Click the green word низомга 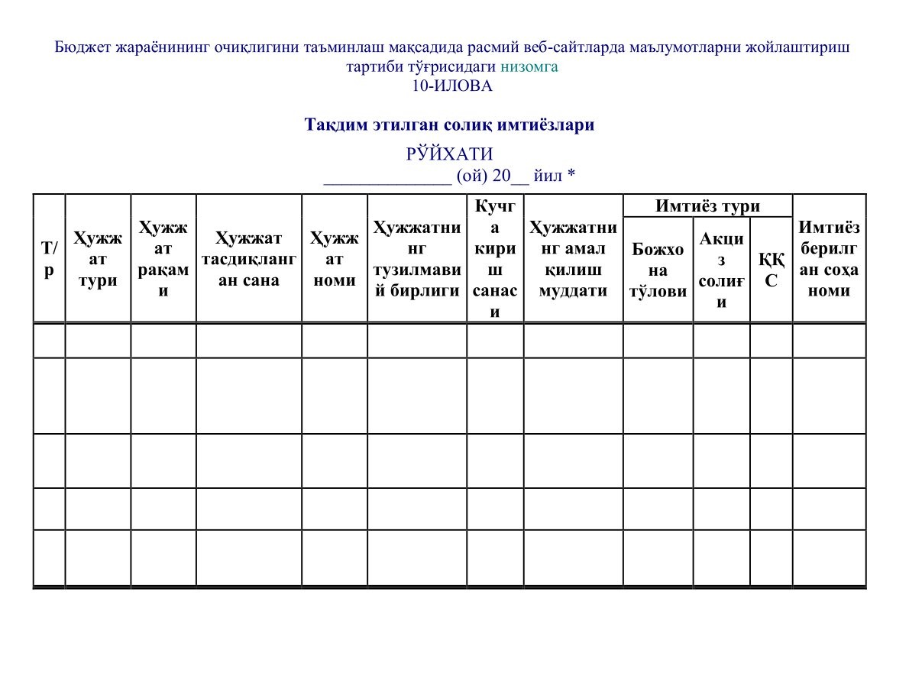pyautogui.click(x=529, y=66)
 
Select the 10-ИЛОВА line pyautogui.click(x=452, y=86)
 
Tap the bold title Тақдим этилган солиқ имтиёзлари pyautogui.click(x=449, y=124)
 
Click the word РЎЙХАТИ pyautogui.click(x=450, y=154)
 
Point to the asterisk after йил pyautogui.click(x=571, y=176)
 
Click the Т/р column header pyautogui.click(x=49, y=259)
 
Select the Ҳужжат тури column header pyautogui.click(x=98, y=259)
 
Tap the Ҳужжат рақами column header pyautogui.click(x=163, y=259)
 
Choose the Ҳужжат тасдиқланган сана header pyautogui.click(x=249, y=259)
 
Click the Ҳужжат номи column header pyautogui.click(x=335, y=259)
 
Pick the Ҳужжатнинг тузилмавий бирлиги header pyautogui.click(x=416, y=259)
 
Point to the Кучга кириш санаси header pyautogui.click(x=495, y=259)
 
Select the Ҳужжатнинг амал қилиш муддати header pyautogui.click(x=573, y=259)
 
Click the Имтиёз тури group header pyautogui.click(x=707, y=206)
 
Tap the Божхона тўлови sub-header pyautogui.click(x=658, y=270)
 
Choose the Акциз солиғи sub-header pyautogui.click(x=721, y=270)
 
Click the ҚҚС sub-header pyautogui.click(x=771, y=270)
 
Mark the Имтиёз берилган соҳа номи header pyautogui.click(x=829, y=259)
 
